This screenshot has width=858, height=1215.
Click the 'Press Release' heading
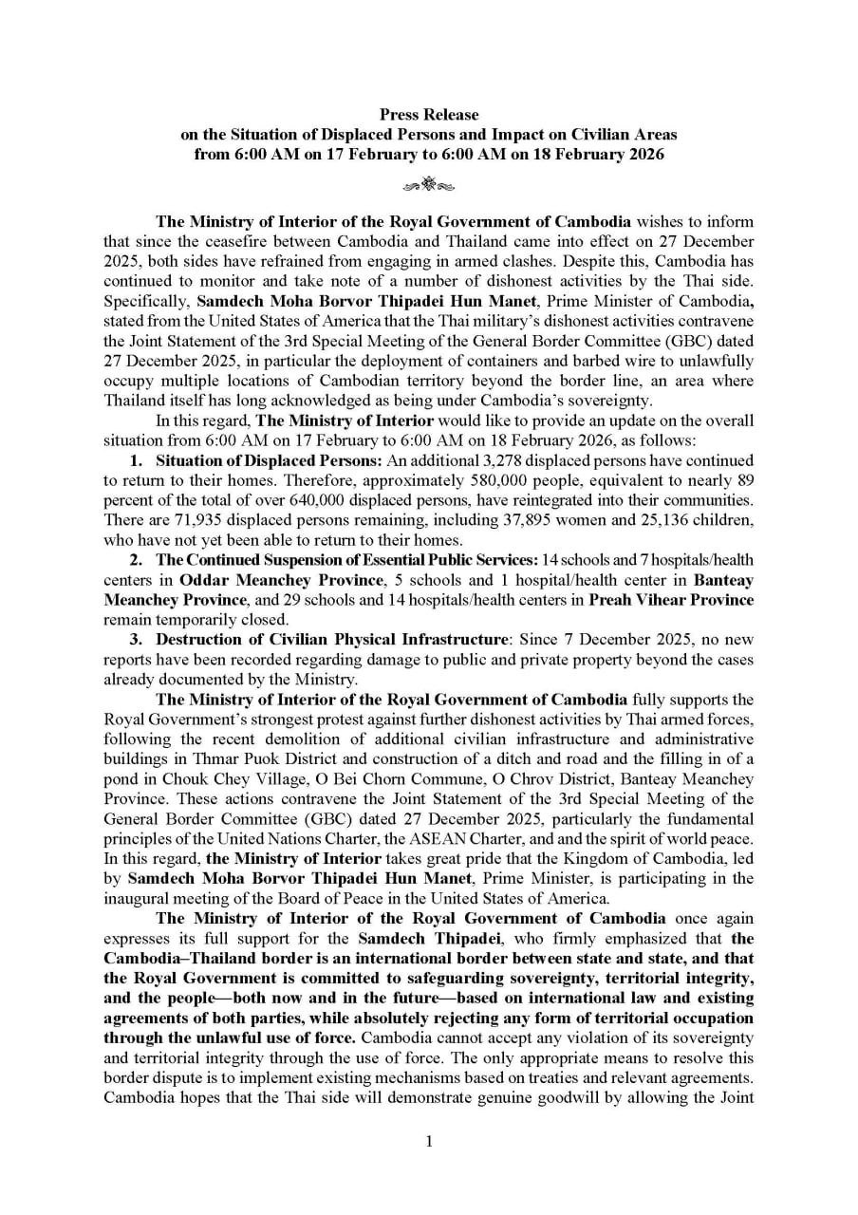(429, 116)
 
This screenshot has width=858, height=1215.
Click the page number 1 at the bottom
(429, 1141)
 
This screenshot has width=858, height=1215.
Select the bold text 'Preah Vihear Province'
(672, 599)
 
